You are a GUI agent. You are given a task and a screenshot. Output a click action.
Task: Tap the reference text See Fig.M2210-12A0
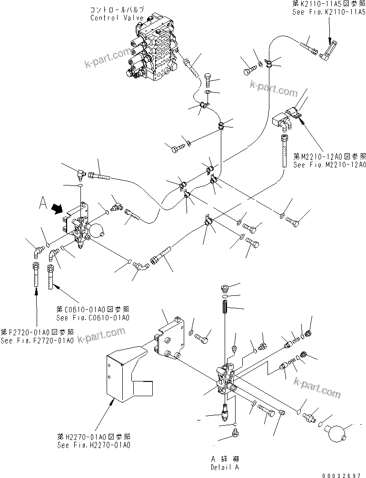point(329,165)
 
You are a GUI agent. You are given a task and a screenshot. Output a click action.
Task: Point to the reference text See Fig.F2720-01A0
point(37,341)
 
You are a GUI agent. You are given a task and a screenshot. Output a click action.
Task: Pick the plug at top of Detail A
point(227,288)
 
